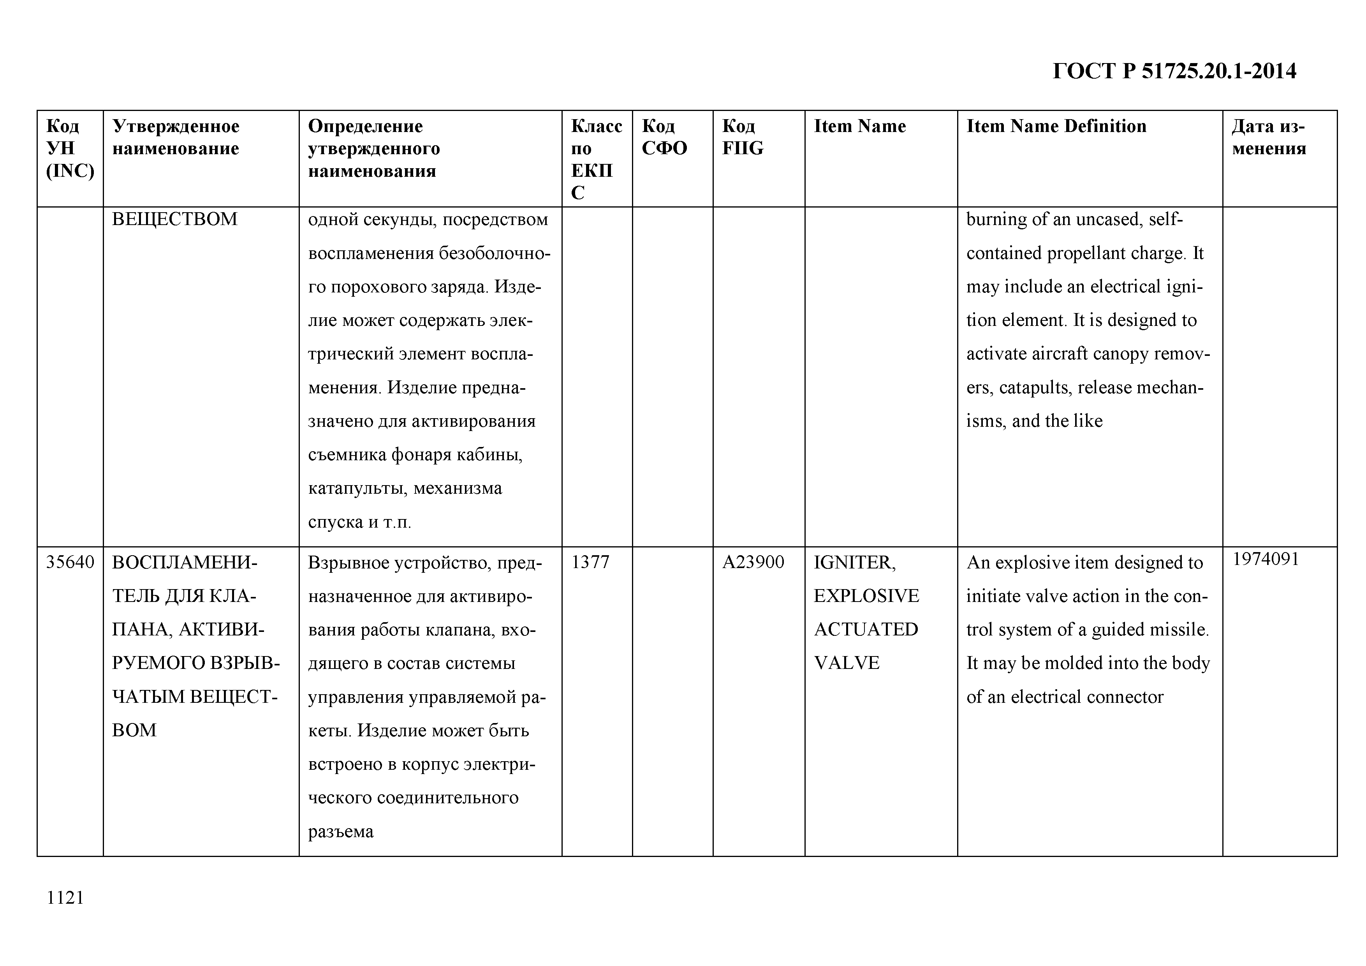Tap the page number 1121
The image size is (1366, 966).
pos(65,897)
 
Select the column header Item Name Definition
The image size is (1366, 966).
pos(1056,126)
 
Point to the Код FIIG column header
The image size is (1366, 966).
pos(743,137)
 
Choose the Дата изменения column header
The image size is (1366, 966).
pos(1269,137)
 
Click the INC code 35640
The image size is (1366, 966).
pos(70,562)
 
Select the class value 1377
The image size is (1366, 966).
pos(590,562)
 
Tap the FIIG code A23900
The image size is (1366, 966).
pos(753,562)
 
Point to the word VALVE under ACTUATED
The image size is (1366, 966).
pos(846,663)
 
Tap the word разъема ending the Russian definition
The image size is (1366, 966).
pos(340,831)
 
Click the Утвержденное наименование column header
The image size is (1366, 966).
pos(176,137)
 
